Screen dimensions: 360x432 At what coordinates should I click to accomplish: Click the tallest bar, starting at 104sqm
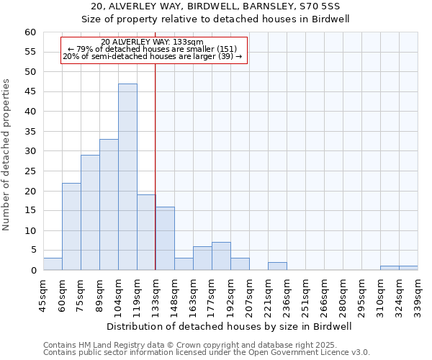click(x=127, y=177)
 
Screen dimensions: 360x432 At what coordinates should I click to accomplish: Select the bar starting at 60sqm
click(x=71, y=227)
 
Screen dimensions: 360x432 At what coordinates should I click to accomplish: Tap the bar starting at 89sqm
click(x=109, y=205)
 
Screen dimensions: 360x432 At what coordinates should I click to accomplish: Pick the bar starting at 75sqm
click(x=90, y=212)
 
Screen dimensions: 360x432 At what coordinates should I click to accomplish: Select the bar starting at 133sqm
click(x=165, y=238)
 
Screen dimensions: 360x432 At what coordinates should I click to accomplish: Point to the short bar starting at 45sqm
click(x=53, y=264)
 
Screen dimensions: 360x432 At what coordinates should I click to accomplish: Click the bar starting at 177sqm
click(x=221, y=256)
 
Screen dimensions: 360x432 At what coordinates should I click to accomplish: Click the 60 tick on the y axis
click(x=30, y=32)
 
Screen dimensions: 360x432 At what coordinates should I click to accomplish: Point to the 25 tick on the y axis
click(x=30, y=171)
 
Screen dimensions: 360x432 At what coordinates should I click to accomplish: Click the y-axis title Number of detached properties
click(x=7, y=154)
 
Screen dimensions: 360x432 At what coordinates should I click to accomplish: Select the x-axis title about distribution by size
click(x=229, y=326)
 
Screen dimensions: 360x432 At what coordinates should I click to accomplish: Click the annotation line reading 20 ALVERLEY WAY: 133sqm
click(x=153, y=42)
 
